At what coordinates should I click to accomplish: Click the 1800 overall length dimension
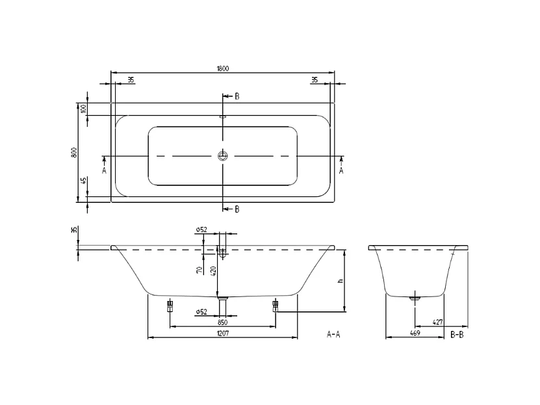pos(222,68)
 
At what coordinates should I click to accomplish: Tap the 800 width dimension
pos(75,152)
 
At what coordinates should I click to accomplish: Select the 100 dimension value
pos(83,109)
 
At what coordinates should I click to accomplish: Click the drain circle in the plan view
pos(223,156)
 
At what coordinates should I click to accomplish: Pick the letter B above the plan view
pos(237,96)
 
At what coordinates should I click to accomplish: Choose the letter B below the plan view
pos(237,209)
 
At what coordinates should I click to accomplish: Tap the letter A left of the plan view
pos(104,170)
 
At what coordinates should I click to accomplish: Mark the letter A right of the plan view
pos(342,170)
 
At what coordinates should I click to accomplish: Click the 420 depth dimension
pos(213,270)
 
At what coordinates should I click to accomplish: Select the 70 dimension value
pos(199,270)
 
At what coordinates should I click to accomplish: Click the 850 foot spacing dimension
pos(222,322)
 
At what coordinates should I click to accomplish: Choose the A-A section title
pos(333,334)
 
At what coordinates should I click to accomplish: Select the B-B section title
pos(457,334)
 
